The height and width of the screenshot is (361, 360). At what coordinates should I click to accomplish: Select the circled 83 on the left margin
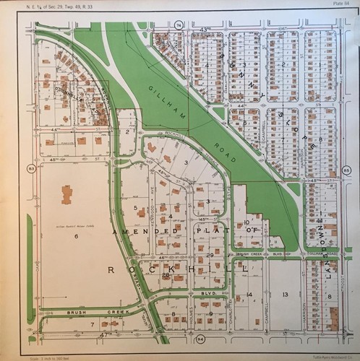[x=31, y=169]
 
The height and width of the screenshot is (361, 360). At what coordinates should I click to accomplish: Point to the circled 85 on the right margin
[x=346, y=171]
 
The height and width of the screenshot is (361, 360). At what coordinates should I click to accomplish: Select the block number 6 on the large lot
[x=75, y=235]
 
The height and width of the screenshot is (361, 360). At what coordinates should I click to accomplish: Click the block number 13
[x=286, y=295]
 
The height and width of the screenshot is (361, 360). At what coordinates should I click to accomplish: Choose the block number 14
[x=249, y=295]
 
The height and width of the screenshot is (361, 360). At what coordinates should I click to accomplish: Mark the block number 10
[x=247, y=222]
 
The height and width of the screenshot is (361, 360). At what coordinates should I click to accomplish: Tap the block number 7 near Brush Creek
[x=92, y=325]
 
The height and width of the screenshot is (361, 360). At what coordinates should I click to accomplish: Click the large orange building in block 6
[x=67, y=194]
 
